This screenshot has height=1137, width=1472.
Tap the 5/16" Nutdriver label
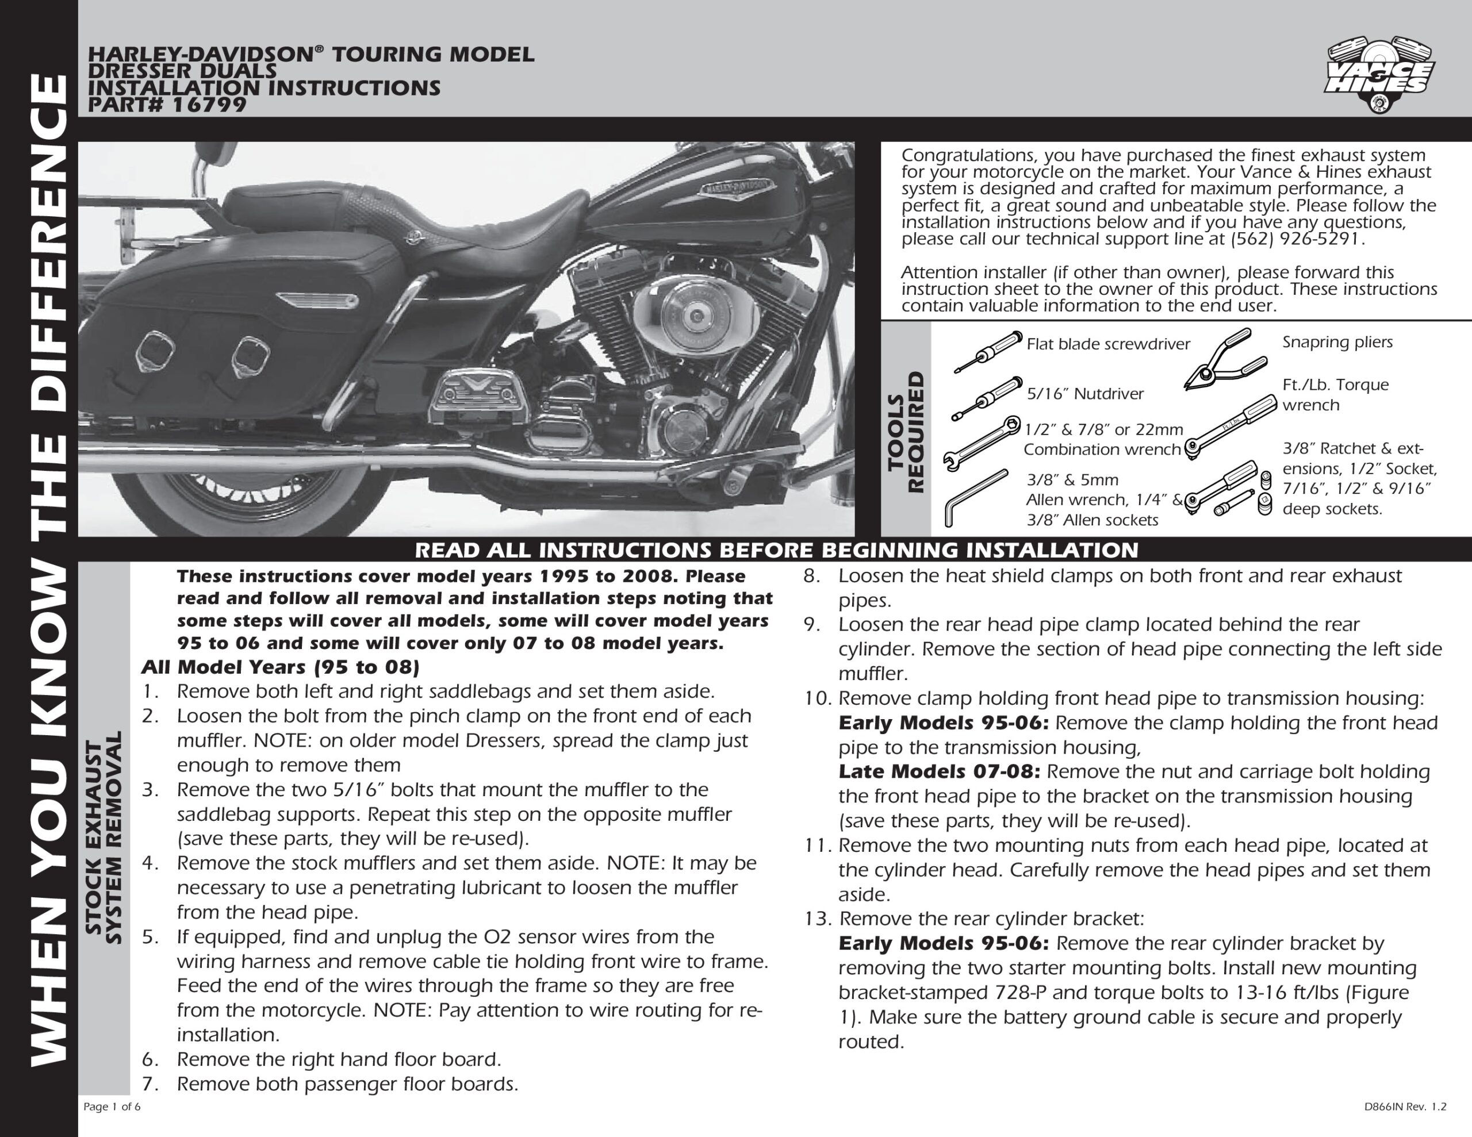[x=1085, y=394]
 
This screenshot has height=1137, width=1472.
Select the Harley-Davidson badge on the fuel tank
[x=736, y=187]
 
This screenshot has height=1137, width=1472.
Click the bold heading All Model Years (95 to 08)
[x=279, y=667]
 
